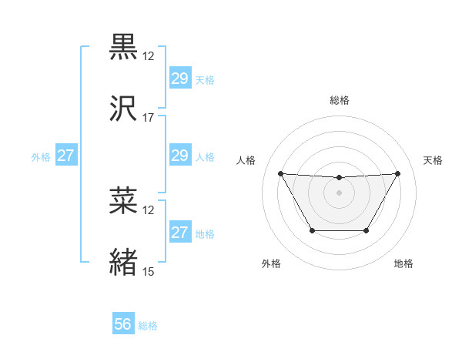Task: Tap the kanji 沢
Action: [x=124, y=108]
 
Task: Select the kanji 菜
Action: [x=124, y=201]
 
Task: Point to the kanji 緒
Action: [x=124, y=261]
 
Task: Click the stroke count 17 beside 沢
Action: [x=149, y=117]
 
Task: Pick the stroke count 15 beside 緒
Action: [x=149, y=271]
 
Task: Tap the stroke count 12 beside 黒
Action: [x=149, y=57]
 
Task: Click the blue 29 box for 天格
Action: [x=179, y=79]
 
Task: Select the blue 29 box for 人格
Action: [x=179, y=156]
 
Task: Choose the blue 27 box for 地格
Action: [x=179, y=233]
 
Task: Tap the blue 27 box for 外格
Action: [x=66, y=156]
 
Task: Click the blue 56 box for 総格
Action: [x=123, y=325]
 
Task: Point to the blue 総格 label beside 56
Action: [x=148, y=326]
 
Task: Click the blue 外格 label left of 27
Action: [x=41, y=156]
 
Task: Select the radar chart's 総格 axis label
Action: [x=340, y=100]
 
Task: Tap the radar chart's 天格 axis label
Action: [x=433, y=160]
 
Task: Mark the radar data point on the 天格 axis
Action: [x=398, y=173]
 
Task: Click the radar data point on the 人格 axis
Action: [x=280, y=173]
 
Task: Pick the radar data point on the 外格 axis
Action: [x=312, y=230]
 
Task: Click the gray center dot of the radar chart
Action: [x=340, y=193]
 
